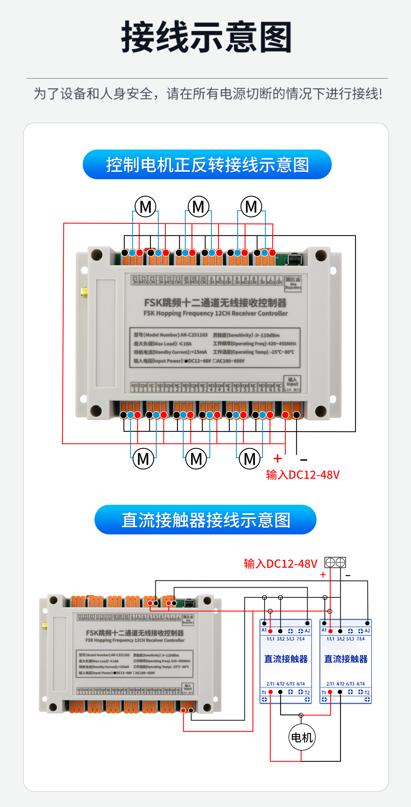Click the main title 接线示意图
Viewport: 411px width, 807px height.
pos(206,37)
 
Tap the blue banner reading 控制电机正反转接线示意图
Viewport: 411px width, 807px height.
pos(207,165)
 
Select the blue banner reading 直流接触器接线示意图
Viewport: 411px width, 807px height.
pos(205,520)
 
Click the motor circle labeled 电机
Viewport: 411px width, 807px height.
pos(302,737)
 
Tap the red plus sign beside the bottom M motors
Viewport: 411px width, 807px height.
pos(277,459)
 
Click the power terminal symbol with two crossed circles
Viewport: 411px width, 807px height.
pos(335,562)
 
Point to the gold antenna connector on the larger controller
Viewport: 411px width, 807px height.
pos(84,293)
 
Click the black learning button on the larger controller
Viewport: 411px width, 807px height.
pos(294,259)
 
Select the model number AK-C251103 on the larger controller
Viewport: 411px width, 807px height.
pos(194,335)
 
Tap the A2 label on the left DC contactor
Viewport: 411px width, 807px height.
pos(307,630)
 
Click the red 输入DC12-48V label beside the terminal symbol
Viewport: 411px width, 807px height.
pos(281,563)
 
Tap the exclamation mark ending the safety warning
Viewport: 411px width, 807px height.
pos(380,94)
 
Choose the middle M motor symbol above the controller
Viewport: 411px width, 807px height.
pos(198,207)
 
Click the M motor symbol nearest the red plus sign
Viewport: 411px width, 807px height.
pos(249,459)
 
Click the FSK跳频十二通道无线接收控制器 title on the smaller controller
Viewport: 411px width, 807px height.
pos(135,633)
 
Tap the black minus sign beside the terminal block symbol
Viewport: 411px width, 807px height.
pos(348,575)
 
